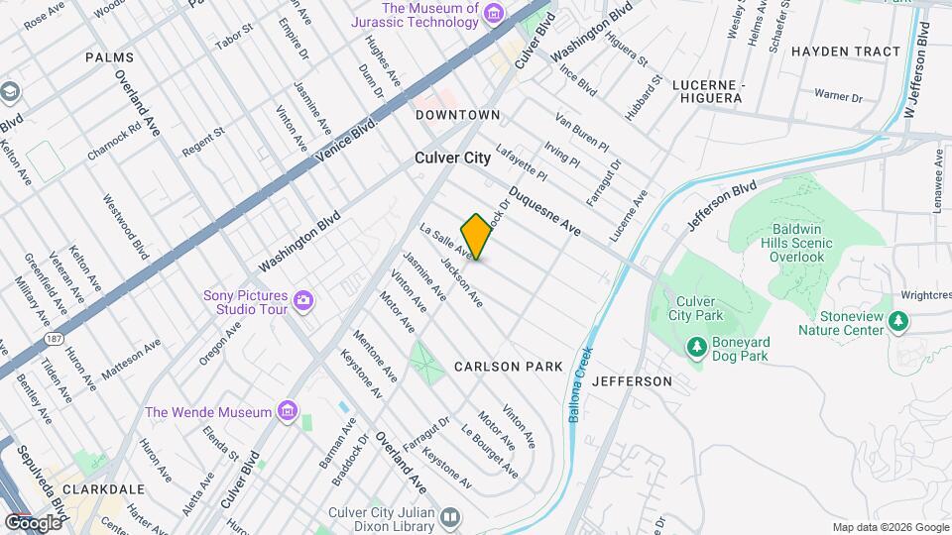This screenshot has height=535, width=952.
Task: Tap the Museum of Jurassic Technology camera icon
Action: coord(494,12)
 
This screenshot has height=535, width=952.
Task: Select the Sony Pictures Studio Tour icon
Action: coord(303,300)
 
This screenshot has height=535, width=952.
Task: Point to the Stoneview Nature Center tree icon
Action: coord(898,320)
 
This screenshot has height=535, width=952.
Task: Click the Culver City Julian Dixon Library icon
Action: coord(450,518)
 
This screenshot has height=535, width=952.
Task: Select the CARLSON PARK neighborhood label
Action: coord(509,367)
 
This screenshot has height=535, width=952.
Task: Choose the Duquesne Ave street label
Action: coord(544,211)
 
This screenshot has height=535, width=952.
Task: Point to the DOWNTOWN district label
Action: coord(457,115)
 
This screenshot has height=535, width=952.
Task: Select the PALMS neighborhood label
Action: coord(109,58)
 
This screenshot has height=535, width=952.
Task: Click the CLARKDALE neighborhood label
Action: coord(103,489)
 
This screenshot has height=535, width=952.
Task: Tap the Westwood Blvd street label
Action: coord(126,226)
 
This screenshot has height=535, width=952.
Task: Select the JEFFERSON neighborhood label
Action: coord(632,381)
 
